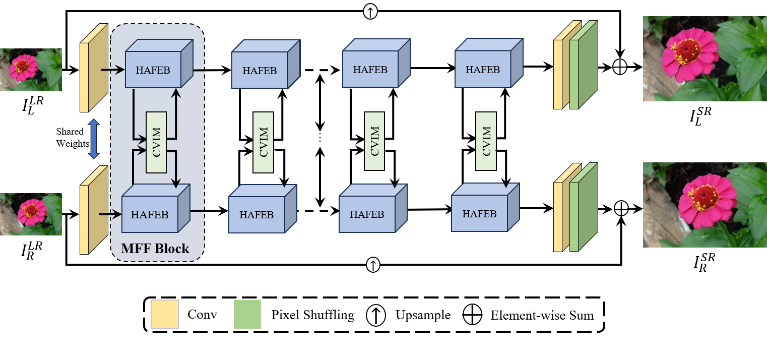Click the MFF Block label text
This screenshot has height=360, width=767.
click(155, 249)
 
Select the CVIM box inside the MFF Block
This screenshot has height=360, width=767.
click(156, 142)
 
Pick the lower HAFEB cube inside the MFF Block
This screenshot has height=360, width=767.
click(150, 214)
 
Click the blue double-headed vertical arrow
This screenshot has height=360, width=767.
click(93, 139)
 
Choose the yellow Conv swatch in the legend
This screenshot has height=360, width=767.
click(165, 315)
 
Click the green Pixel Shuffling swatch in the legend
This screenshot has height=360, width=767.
click(247, 315)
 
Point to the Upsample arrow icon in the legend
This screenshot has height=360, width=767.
click(375, 316)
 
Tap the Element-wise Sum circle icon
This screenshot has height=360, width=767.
click(472, 316)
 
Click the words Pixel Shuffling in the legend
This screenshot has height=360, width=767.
click(312, 316)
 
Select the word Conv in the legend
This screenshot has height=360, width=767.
click(202, 315)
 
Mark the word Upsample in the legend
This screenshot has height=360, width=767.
click(423, 316)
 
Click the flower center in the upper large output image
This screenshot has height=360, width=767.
click(686, 49)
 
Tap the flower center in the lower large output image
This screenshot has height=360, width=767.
click(705, 196)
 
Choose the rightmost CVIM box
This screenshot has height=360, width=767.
click(486, 141)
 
